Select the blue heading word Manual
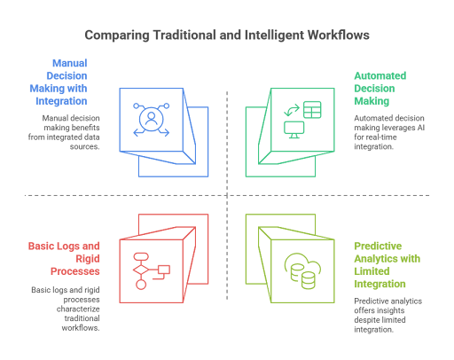tap(70, 63)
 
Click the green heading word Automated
tap(380, 75)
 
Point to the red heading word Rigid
tap(88, 259)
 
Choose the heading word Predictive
tap(378, 246)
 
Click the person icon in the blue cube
tap(152, 119)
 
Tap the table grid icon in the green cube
tap(312, 110)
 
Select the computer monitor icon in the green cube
tap(294, 129)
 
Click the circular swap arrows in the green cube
tap(292, 110)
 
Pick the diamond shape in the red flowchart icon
tap(141, 270)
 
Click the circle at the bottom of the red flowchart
tap(141, 285)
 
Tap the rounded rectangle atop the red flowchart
tap(141, 256)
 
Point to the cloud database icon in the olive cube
tap(302, 270)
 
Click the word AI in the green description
tap(420, 128)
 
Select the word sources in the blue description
tap(84, 146)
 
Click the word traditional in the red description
tap(82, 318)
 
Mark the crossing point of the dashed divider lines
tap(227, 195)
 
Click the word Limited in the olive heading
tap(372, 271)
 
